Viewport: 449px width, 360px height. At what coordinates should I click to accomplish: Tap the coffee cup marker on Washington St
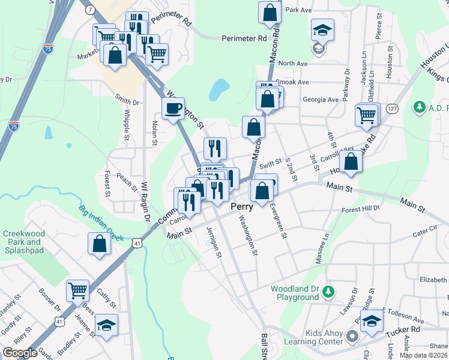pos(173,109)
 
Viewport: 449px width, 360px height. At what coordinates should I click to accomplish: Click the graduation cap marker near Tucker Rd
pos(372,320)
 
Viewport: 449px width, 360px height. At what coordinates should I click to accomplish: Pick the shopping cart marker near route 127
pos(367,114)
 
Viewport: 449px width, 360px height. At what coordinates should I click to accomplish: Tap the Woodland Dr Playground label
pos(294,293)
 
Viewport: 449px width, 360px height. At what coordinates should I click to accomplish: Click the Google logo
pos(20,353)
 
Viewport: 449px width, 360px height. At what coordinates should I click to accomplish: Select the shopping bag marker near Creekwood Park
pos(99,244)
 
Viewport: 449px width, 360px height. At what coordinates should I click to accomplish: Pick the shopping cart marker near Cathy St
pos(77,290)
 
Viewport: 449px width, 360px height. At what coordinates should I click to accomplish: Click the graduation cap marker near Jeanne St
pos(106,325)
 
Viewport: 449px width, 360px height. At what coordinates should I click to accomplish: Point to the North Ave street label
pos(293,63)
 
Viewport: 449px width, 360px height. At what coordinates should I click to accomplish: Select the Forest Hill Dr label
pos(361,209)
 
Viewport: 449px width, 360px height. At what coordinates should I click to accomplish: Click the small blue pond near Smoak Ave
pos(219,90)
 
